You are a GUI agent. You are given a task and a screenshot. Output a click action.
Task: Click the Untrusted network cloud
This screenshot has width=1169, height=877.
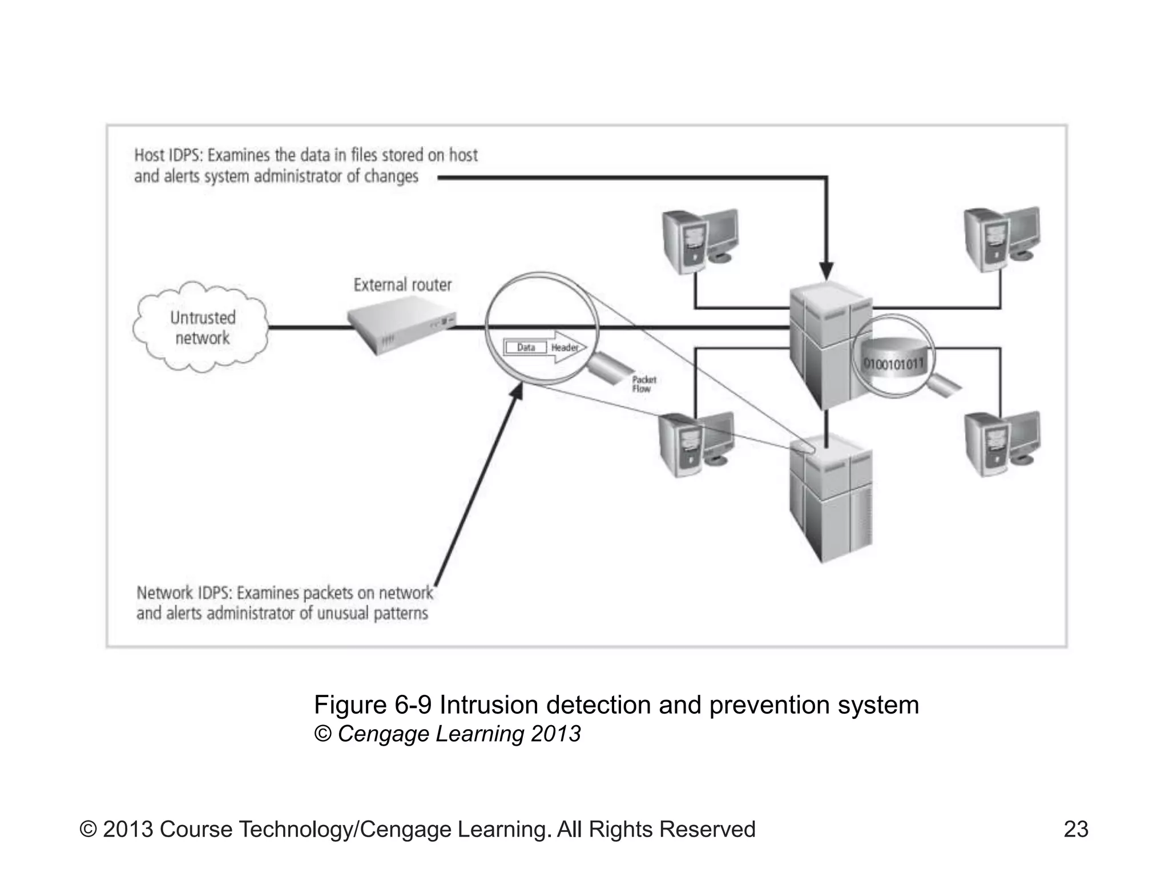(x=201, y=328)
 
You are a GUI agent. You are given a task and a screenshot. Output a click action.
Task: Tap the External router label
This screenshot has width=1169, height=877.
(x=402, y=285)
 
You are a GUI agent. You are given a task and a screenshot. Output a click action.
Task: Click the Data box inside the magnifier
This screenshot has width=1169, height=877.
(x=525, y=347)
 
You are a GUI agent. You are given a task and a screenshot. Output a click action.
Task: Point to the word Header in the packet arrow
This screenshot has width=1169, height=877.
(x=565, y=348)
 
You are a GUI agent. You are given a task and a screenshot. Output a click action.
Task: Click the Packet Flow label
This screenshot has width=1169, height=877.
(x=643, y=384)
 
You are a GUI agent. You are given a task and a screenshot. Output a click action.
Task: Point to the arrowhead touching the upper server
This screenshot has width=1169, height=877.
(x=826, y=271)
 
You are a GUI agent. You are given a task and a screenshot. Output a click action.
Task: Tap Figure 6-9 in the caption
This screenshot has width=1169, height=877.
(x=372, y=705)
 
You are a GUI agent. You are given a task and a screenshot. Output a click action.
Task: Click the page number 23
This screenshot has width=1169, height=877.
(x=1076, y=829)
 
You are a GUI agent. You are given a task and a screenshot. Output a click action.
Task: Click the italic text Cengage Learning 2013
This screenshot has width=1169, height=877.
(x=459, y=734)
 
